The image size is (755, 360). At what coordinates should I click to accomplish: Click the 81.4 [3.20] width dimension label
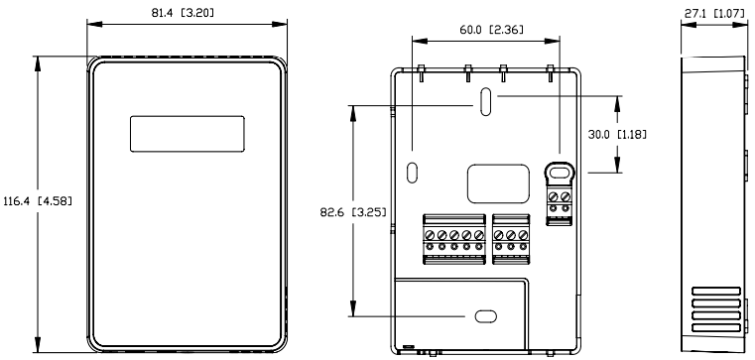(x=188, y=12)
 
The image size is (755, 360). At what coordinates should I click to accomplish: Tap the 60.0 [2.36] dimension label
(x=483, y=31)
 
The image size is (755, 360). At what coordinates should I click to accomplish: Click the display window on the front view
(x=187, y=135)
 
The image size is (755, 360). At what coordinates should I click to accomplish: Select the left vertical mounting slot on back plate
(x=413, y=169)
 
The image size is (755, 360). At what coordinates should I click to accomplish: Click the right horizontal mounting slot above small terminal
(x=559, y=171)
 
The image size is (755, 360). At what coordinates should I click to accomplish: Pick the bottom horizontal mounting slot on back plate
(x=485, y=316)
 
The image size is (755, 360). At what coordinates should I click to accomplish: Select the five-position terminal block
(x=453, y=237)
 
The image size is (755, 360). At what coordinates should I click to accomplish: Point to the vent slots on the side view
(x=715, y=309)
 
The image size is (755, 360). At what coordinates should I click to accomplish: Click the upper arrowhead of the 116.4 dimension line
(x=38, y=60)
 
